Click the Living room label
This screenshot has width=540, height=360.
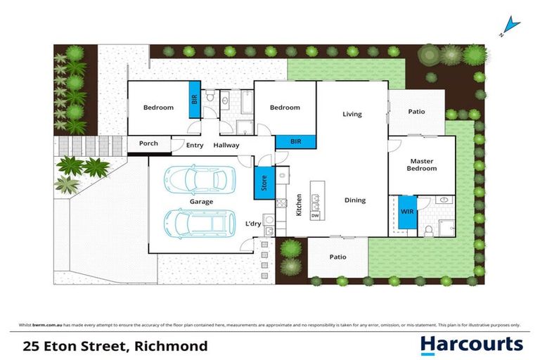(x=352, y=114)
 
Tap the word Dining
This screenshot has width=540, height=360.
(x=355, y=200)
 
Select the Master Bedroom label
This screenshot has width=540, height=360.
(x=423, y=165)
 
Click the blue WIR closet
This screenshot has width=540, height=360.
(x=407, y=212)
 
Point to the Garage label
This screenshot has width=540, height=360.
(x=200, y=202)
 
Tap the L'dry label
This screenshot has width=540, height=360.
(x=253, y=224)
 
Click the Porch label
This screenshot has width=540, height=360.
(x=148, y=143)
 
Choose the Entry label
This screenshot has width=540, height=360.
(x=195, y=146)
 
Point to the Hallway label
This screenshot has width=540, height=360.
(x=226, y=146)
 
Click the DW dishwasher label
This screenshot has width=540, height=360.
(x=315, y=216)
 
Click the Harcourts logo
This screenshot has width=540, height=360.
(x=471, y=345)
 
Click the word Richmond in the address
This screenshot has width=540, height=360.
(x=173, y=345)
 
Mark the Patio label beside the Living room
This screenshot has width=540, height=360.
(x=416, y=112)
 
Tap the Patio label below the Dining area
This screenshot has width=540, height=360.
(x=337, y=257)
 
